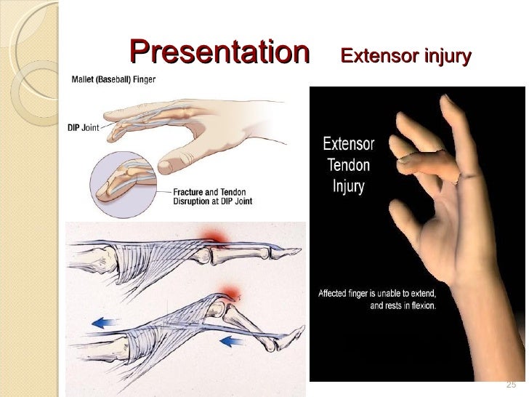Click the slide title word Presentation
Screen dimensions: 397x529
click(219, 52)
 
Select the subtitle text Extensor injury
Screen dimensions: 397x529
click(406, 56)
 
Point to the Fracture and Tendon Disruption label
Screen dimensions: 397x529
click(212, 196)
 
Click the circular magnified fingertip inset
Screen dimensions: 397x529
click(127, 182)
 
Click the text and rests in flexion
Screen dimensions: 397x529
click(403, 306)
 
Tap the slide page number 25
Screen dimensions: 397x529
click(509, 384)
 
